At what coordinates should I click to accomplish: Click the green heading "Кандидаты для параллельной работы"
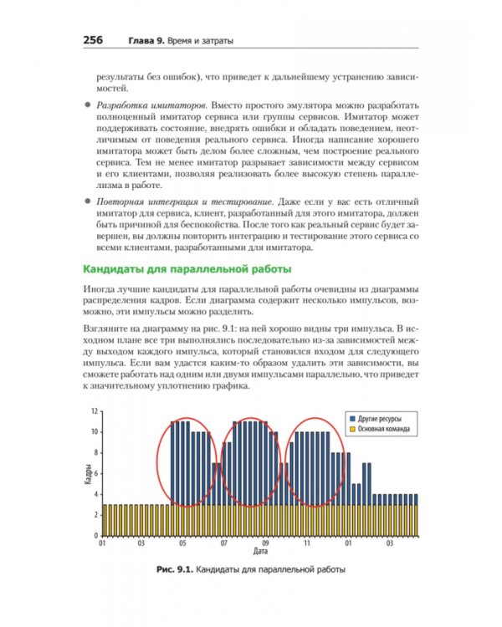coord(185,269)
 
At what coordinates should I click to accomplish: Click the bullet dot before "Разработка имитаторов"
coord(86,108)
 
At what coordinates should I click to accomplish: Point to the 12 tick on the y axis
coord(95,411)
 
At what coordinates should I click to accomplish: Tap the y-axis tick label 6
coord(96,474)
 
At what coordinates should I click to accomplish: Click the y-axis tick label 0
coord(96,537)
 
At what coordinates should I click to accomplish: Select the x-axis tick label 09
coord(265,544)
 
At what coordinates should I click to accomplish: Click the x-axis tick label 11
coord(307,544)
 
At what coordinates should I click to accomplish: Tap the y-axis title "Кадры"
coord(88,474)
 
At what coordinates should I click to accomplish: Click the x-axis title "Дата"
coord(260,553)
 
